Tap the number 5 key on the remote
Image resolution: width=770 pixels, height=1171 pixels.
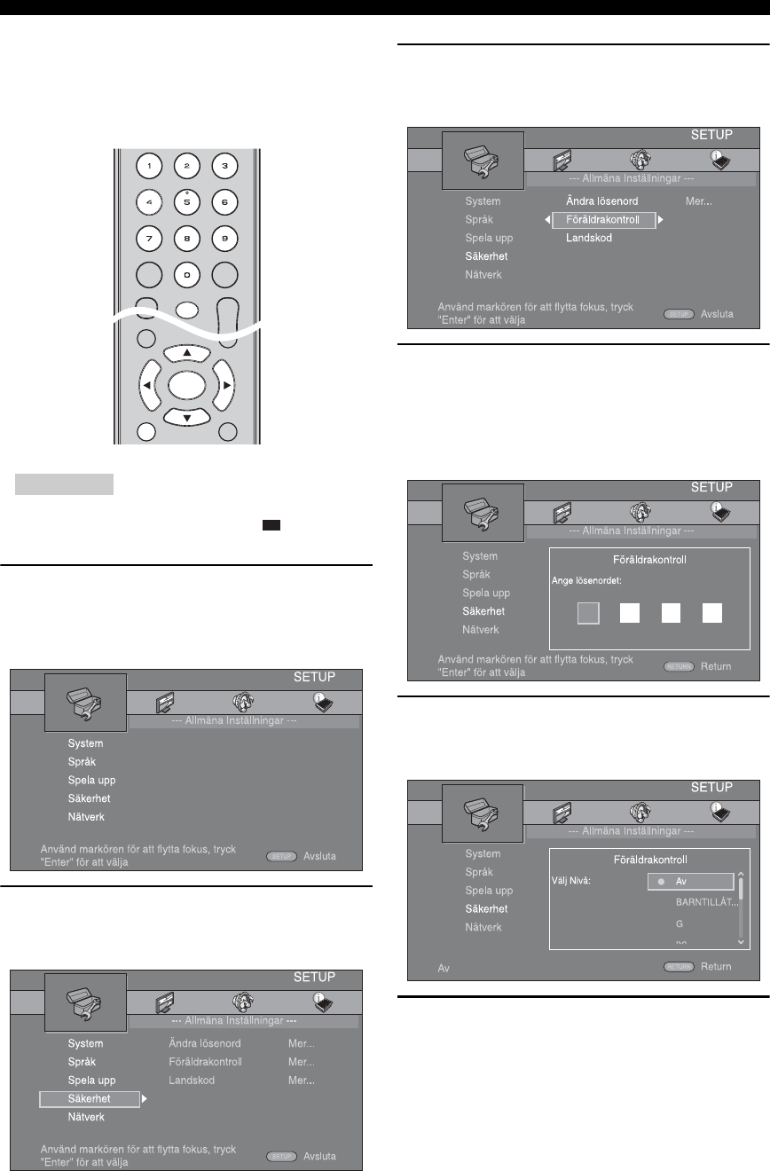(x=186, y=201)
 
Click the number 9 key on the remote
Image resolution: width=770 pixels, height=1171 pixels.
(x=224, y=238)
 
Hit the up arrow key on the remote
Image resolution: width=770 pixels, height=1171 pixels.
(x=186, y=354)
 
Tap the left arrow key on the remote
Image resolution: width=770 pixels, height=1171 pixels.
(x=145, y=386)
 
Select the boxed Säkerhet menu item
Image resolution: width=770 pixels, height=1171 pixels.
(x=89, y=1098)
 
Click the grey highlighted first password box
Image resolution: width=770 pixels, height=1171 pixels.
(x=589, y=612)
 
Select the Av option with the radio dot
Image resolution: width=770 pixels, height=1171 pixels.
(x=685, y=881)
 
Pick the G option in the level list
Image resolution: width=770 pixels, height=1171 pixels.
(x=679, y=923)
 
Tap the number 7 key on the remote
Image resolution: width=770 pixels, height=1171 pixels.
(x=147, y=238)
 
